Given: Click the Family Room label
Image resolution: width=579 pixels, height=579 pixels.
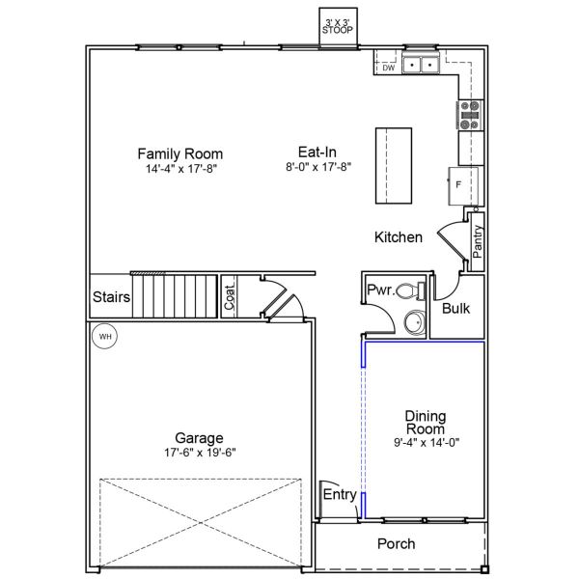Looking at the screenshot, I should click(x=179, y=153).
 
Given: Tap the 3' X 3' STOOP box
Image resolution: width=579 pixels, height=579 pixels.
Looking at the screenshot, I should click(x=338, y=26).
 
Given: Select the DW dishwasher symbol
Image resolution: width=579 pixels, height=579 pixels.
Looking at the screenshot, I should click(x=388, y=68).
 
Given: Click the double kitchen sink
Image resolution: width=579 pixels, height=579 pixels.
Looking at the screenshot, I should click(x=421, y=65).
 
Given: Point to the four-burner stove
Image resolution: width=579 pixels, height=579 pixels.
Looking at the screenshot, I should click(x=470, y=115).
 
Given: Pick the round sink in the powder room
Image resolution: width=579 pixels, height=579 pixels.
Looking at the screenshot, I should click(x=413, y=323).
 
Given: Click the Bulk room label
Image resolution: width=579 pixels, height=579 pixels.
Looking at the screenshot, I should click(x=455, y=309).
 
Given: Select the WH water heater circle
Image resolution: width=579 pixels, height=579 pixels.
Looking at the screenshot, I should click(x=104, y=337).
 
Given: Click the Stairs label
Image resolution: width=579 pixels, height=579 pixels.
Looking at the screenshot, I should click(x=111, y=297).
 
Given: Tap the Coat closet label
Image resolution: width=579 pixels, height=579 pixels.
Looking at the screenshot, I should click(x=230, y=296).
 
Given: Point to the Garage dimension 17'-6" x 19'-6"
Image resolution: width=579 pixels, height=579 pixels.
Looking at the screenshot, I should click(x=199, y=452).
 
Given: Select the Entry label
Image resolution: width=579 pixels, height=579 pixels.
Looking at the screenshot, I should click(x=339, y=495).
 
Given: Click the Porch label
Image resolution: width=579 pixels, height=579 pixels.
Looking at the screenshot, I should click(x=396, y=544).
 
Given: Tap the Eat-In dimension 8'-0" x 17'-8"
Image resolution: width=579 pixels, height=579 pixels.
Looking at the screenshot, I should click(x=317, y=167).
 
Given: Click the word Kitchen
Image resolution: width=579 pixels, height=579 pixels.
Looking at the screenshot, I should click(x=399, y=236).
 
